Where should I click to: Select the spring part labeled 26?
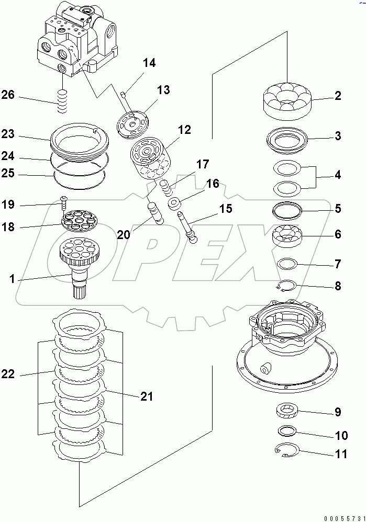(63, 100)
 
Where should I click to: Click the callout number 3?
(338, 137)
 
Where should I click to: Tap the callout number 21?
(147, 396)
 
